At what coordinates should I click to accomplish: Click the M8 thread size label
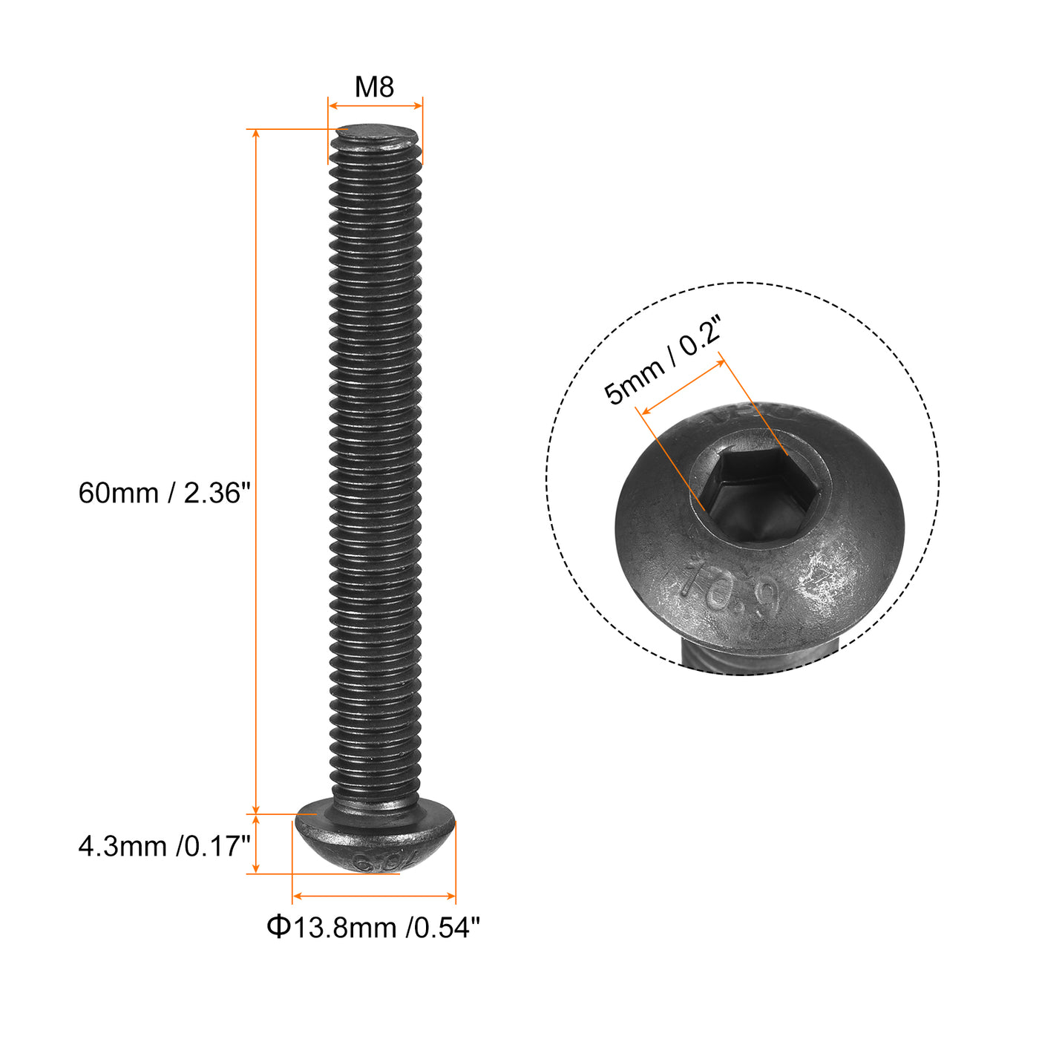click(374, 87)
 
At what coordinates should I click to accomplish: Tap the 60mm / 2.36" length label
click(165, 493)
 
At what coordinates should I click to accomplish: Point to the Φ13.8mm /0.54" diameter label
click(373, 927)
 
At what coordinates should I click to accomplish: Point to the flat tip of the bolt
click(376, 134)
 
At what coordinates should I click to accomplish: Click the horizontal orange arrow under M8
click(375, 106)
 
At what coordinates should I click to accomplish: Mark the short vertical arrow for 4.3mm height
click(256, 844)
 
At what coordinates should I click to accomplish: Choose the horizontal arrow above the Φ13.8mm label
click(374, 896)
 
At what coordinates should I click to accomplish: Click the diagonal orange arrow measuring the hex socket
click(683, 386)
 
